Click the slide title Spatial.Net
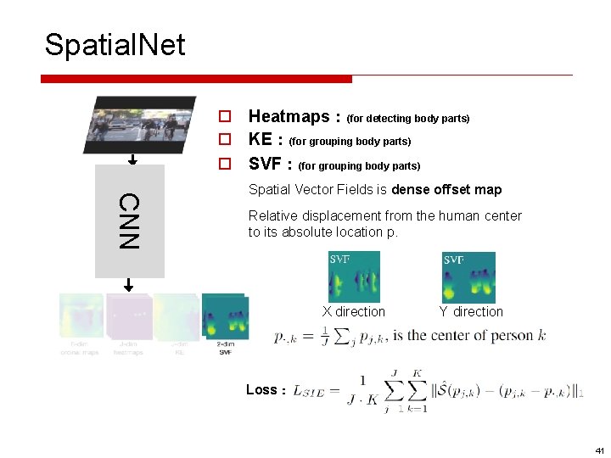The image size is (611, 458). (115, 44)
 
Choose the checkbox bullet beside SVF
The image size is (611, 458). (226, 164)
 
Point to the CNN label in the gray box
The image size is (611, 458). (128, 221)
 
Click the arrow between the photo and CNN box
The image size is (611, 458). (132, 159)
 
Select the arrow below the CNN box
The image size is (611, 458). (130, 285)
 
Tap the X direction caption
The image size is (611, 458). (353, 312)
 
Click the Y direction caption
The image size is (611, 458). (471, 312)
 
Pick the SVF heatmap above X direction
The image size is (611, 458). (354, 276)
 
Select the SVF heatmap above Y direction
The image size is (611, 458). (468, 277)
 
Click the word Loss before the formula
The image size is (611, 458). (261, 390)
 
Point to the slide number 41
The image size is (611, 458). (599, 450)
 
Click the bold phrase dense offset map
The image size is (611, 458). (446, 190)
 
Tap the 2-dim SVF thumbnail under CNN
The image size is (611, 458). (224, 317)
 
